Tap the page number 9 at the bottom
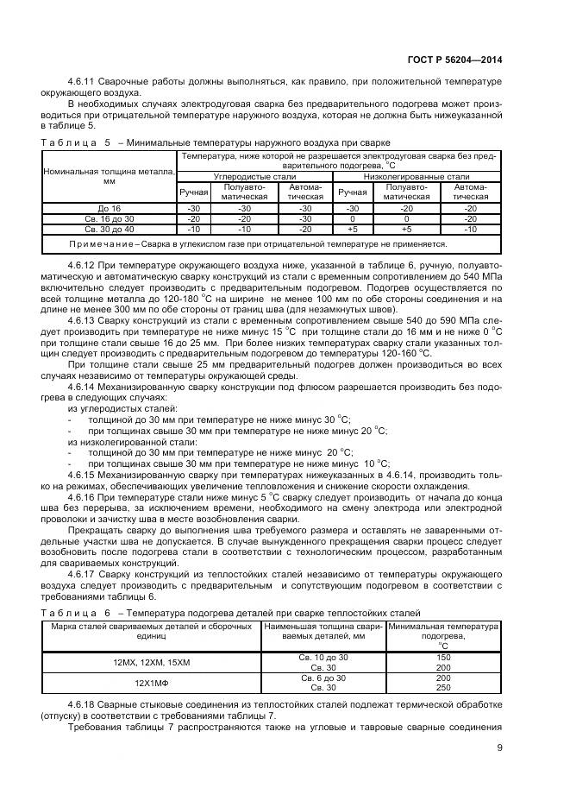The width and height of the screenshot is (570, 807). click(x=499, y=748)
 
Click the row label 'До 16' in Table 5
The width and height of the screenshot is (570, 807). click(x=109, y=208)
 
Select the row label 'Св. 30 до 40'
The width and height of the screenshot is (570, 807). click(x=109, y=230)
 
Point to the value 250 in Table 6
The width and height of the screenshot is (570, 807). click(x=443, y=687)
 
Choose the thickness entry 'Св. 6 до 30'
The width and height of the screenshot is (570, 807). click(x=323, y=678)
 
